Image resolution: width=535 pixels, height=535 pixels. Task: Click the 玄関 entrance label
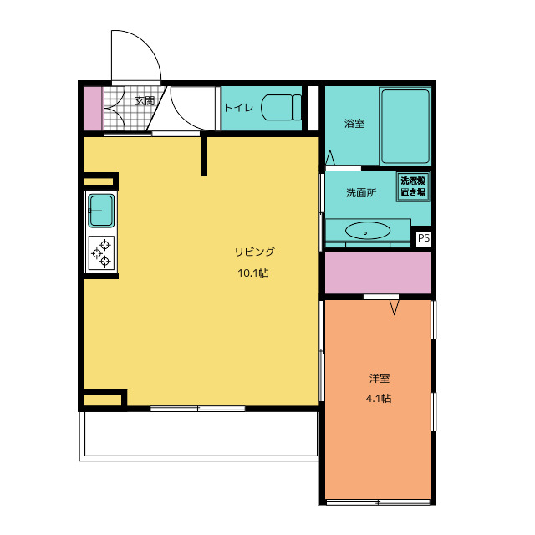pos(145,101)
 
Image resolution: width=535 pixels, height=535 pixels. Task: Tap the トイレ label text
pos(238,108)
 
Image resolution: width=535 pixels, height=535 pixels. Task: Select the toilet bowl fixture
pos(281,108)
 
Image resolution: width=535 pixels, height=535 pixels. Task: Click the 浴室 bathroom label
pos(354,123)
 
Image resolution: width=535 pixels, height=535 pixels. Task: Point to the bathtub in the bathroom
pos(405,126)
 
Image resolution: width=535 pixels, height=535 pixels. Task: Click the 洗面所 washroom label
pos(361,193)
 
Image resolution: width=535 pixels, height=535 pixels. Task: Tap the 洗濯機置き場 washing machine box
pos(413,186)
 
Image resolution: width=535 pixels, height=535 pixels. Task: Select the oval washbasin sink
pos(368,231)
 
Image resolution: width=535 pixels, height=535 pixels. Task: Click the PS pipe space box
pos(424,237)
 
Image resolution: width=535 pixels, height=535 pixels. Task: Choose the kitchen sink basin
pos(101,211)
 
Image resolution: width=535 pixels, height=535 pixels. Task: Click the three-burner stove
pos(101,253)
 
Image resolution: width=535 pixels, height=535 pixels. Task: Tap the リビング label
pos(254,252)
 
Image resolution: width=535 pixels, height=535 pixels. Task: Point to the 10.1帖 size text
pos(253,273)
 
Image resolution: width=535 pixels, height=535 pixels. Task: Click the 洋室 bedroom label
pos(379,378)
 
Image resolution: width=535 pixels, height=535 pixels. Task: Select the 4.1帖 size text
pos(379,398)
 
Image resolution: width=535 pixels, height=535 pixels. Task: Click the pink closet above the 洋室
pos(378,273)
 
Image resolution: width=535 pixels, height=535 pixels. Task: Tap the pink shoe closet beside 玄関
pos(93,109)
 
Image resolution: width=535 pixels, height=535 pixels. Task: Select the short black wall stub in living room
pos(204,155)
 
